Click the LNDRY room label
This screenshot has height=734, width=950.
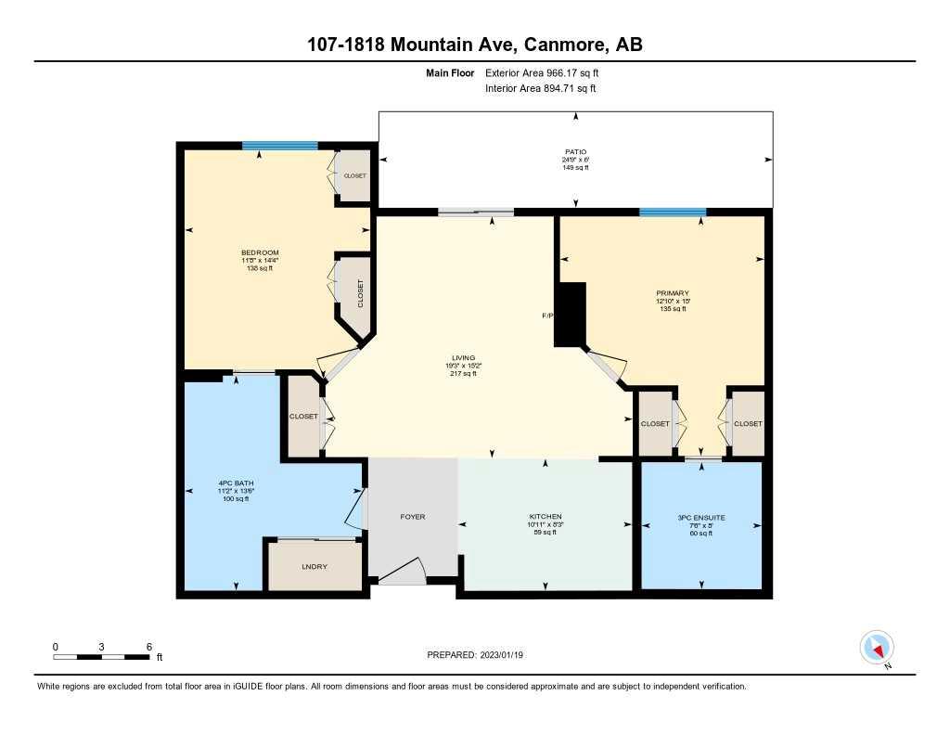pos(314,567)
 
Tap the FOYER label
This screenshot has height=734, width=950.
pos(413,517)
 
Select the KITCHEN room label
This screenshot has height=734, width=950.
pos(546,517)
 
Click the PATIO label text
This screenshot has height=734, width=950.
pos(576,151)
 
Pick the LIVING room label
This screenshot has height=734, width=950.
pos(463,357)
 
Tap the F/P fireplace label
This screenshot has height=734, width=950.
pos(547,316)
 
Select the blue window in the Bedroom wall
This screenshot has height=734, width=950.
pos(279,146)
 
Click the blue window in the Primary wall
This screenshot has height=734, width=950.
pos(672,212)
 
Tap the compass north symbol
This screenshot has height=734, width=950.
pos(877,647)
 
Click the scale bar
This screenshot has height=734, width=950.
pos(102,657)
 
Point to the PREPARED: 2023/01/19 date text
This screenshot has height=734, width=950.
pos(481,655)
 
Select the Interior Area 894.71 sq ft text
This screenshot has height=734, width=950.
pos(541,89)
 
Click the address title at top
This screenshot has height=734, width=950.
pos(474,44)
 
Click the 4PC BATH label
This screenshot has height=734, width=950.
pos(230,483)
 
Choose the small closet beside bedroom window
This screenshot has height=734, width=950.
pos(353,175)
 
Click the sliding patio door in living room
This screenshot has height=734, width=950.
pos(476,212)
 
